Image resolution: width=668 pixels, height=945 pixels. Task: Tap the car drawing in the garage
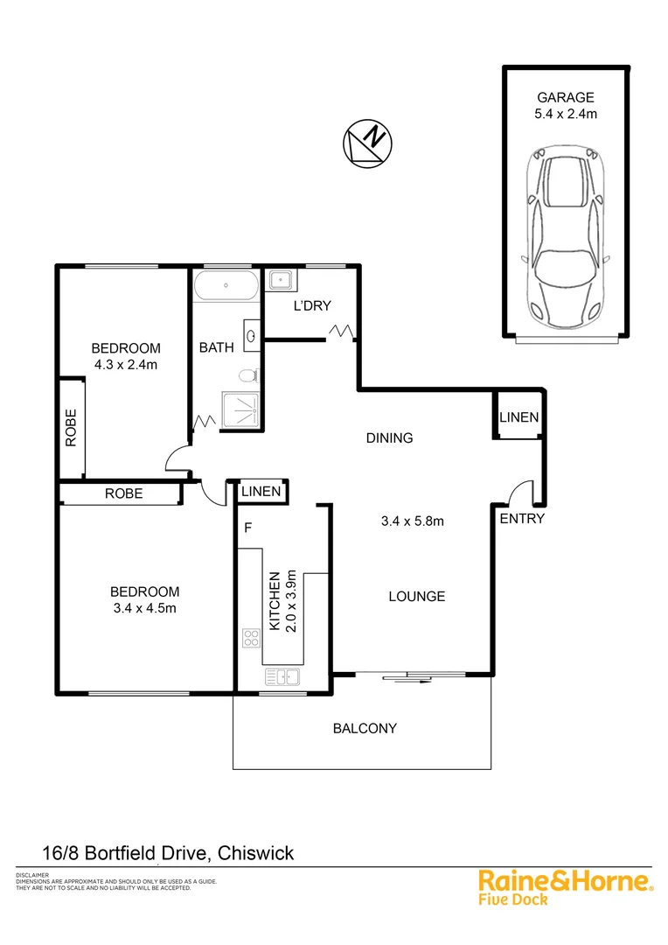tap(566, 237)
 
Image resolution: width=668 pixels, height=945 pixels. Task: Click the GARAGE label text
tap(566, 98)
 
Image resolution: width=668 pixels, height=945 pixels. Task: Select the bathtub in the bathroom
tap(226, 285)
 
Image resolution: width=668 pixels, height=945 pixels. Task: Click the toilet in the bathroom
tap(248, 376)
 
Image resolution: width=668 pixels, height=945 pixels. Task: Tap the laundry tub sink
tap(281, 281)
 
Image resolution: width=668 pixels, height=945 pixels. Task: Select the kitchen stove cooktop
tap(251, 638)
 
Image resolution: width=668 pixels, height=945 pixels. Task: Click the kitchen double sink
tap(282, 675)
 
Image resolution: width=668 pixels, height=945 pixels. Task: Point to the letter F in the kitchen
tap(248, 528)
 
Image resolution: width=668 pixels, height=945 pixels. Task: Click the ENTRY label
tap(522, 519)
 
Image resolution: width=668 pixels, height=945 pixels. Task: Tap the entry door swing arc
tap(519, 491)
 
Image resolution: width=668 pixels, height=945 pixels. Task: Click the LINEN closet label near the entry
tap(519, 417)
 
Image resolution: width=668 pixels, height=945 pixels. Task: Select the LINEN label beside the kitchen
tap(261, 492)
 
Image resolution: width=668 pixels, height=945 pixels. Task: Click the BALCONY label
tap(365, 728)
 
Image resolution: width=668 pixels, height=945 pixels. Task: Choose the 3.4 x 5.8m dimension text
tap(413, 522)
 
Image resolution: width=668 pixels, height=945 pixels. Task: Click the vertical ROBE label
tap(71, 428)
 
